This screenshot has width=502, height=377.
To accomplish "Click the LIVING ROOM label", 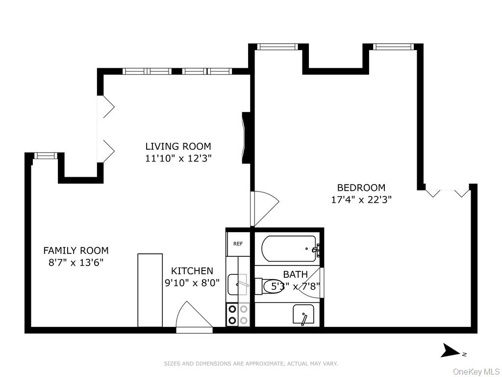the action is [x=178, y=146].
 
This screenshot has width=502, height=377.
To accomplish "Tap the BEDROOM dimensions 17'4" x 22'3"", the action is [x=361, y=200].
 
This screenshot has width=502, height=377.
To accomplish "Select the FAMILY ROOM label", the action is [x=76, y=250].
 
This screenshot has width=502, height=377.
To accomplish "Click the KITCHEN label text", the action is [x=192, y=271].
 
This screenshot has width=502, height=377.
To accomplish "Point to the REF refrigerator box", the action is [x=238, y=243].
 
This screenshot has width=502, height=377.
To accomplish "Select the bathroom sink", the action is [x=303, y=314].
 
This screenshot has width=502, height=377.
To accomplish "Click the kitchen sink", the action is [x=238, y=284].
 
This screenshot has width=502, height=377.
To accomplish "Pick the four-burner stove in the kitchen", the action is [x=238, y=315].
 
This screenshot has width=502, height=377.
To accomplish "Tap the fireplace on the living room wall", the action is [x=246, y=138].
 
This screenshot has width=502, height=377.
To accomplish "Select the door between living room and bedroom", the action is [x=264, y=209].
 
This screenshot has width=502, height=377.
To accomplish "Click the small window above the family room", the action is [x=45, y=156].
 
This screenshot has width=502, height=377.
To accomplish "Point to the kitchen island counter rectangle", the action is [x=150, y=291].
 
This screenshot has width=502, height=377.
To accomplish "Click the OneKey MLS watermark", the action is [x=477, y=372].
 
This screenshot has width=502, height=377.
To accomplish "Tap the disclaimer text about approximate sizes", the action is [x=251, y=364].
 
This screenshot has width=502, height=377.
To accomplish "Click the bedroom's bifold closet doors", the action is [x=447, y=193].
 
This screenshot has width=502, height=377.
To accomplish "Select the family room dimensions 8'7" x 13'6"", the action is [x=76, y=263].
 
